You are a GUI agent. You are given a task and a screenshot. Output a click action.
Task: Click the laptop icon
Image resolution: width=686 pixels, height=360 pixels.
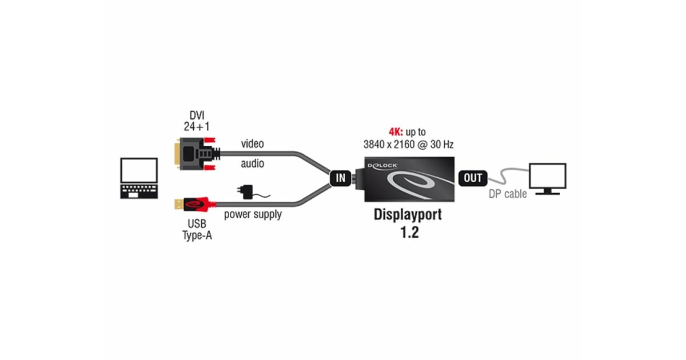pos(139,178)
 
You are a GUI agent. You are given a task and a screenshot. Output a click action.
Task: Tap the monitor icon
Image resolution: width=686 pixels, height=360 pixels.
pos(547,179)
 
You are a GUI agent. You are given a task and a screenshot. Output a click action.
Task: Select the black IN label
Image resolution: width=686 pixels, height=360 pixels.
pos(341,178)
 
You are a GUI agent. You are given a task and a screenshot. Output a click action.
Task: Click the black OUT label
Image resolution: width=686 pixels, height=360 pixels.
pos(473,178)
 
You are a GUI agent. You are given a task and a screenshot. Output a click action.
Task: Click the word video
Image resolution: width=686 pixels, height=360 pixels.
pos(252,143)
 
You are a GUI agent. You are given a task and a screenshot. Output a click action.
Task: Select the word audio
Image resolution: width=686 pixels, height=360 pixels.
pos(252,164)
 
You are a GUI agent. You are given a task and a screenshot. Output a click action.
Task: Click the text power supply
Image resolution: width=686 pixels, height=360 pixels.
pos(253,215)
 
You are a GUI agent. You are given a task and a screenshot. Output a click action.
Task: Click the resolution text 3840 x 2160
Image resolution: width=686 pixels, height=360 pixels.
pos(392,145)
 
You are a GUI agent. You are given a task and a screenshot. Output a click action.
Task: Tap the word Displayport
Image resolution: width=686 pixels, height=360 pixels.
pos(408,215)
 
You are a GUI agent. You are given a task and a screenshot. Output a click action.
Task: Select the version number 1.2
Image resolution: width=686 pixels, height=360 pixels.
pos(408,233)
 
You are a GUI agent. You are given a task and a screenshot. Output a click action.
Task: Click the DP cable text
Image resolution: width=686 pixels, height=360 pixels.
pos(508,194)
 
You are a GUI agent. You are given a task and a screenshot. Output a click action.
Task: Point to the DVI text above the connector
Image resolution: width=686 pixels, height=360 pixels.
pos(197,115)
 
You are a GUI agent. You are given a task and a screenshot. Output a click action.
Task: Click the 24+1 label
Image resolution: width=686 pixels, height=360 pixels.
pos(197,127)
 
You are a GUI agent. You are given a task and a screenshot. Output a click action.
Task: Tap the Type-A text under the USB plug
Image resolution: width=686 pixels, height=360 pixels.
pos(197,235)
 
